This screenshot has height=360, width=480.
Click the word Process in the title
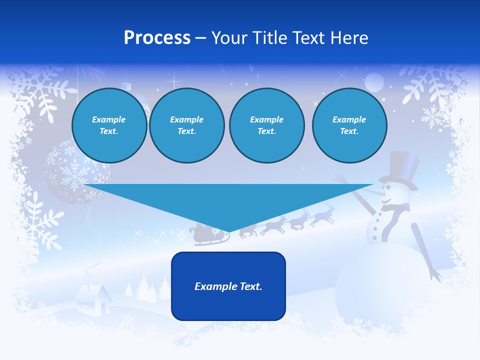coord(157,38)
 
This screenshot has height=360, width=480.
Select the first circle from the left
coord(109,125)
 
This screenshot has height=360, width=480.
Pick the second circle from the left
coord(186,125)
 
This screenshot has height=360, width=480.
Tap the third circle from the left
coord(266,125)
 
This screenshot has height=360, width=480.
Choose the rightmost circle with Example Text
coord(349,125)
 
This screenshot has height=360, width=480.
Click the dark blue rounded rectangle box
coord(228,286)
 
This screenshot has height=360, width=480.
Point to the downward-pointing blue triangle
coord(228,202)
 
